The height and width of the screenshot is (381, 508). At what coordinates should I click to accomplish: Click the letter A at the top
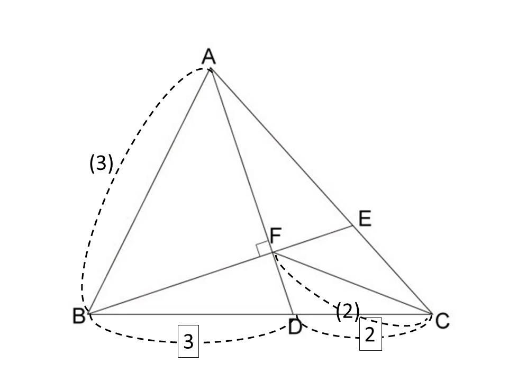pyautogui.click(x=208, y=57)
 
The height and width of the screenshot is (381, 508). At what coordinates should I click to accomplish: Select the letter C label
pyautogui.click(x=442, y=321)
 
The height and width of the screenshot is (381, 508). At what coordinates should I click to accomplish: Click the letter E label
pyautogui.click(x=365, y=219)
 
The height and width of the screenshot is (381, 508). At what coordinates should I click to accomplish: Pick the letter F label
pyautogui.click(x=275, y=235)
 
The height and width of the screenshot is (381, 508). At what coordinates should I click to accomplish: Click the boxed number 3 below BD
pyautogui.click(x=188, y=341)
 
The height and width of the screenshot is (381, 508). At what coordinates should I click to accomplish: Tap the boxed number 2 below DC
pyautogui.click(x=370, y=334)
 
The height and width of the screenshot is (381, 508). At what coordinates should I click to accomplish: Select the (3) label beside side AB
pyautogui.click(x=101, y=163)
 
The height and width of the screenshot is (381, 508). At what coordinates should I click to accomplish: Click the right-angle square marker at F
pyautogui.click(x=263, y=249)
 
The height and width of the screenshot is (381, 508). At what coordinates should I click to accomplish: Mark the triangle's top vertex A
pyautogui.click(x=211, y=69)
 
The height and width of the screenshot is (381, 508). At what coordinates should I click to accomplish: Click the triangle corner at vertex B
pyautogui.click(x=88, y=314)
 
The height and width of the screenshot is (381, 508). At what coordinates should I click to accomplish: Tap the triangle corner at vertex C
pyautogui.click(x=432, y=314)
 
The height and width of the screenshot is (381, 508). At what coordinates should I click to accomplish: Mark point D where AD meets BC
pyautogui.click(x=293, y=314)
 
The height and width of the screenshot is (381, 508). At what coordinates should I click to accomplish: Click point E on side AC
pyautogui.click(x=352, y=225)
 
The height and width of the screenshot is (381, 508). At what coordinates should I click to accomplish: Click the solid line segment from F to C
pyautogui.click(x=352, y=283)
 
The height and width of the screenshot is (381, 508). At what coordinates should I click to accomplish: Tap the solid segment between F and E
pyautogui.click(x=313, y=239)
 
